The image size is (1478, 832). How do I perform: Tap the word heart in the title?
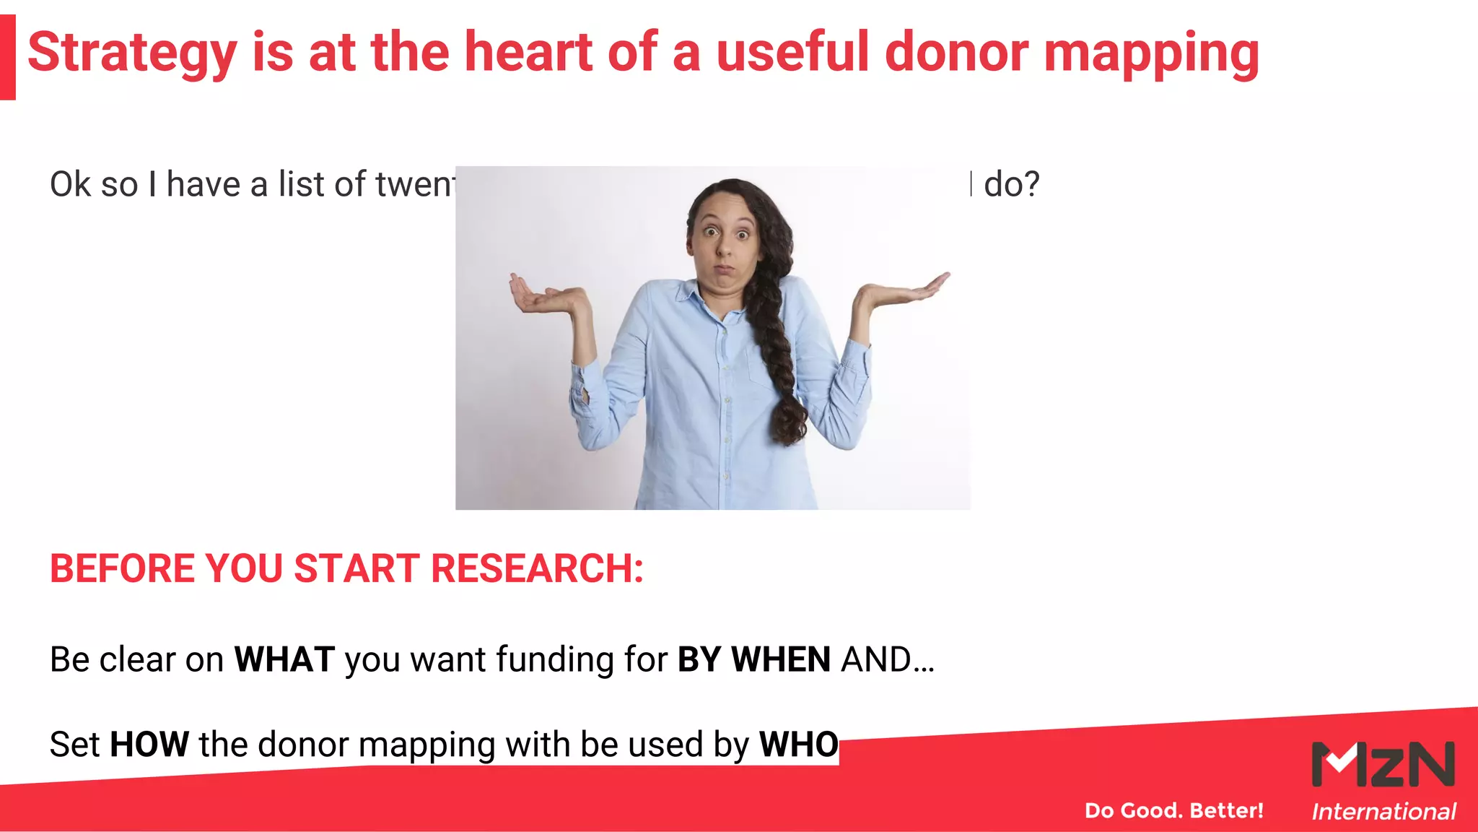pos(528,52)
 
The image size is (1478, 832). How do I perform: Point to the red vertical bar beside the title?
pos(7,57)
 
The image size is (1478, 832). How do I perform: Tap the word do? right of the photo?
pos(1012,184)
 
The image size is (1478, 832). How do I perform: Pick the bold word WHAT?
pos(284,659)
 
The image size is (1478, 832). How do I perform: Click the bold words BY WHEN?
pos(754,659)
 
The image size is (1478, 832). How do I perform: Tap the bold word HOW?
pos(149,744)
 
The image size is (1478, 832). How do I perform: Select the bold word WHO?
pos(798,744)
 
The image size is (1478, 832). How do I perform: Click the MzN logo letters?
pos(1383,764)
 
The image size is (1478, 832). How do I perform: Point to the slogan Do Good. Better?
pos(1174,810)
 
